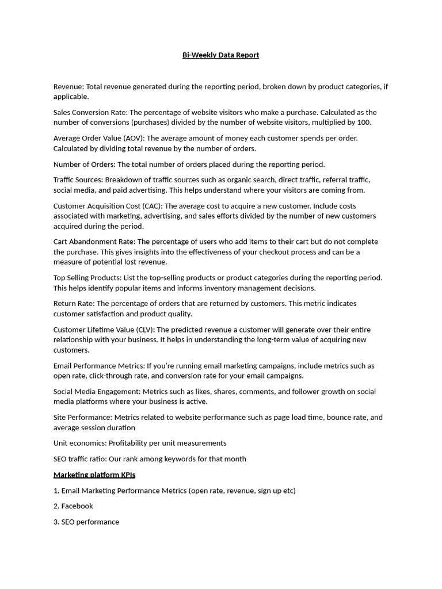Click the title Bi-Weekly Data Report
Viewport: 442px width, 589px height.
220,55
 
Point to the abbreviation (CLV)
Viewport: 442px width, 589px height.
144,330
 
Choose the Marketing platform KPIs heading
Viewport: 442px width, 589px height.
94,475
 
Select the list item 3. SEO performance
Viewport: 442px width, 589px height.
86,522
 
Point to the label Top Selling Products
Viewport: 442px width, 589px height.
87,278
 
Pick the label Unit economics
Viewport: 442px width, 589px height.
79,443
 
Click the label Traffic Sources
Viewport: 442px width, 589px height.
78,180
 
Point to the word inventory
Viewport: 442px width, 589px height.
234,288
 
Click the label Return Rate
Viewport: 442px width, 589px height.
74,304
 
